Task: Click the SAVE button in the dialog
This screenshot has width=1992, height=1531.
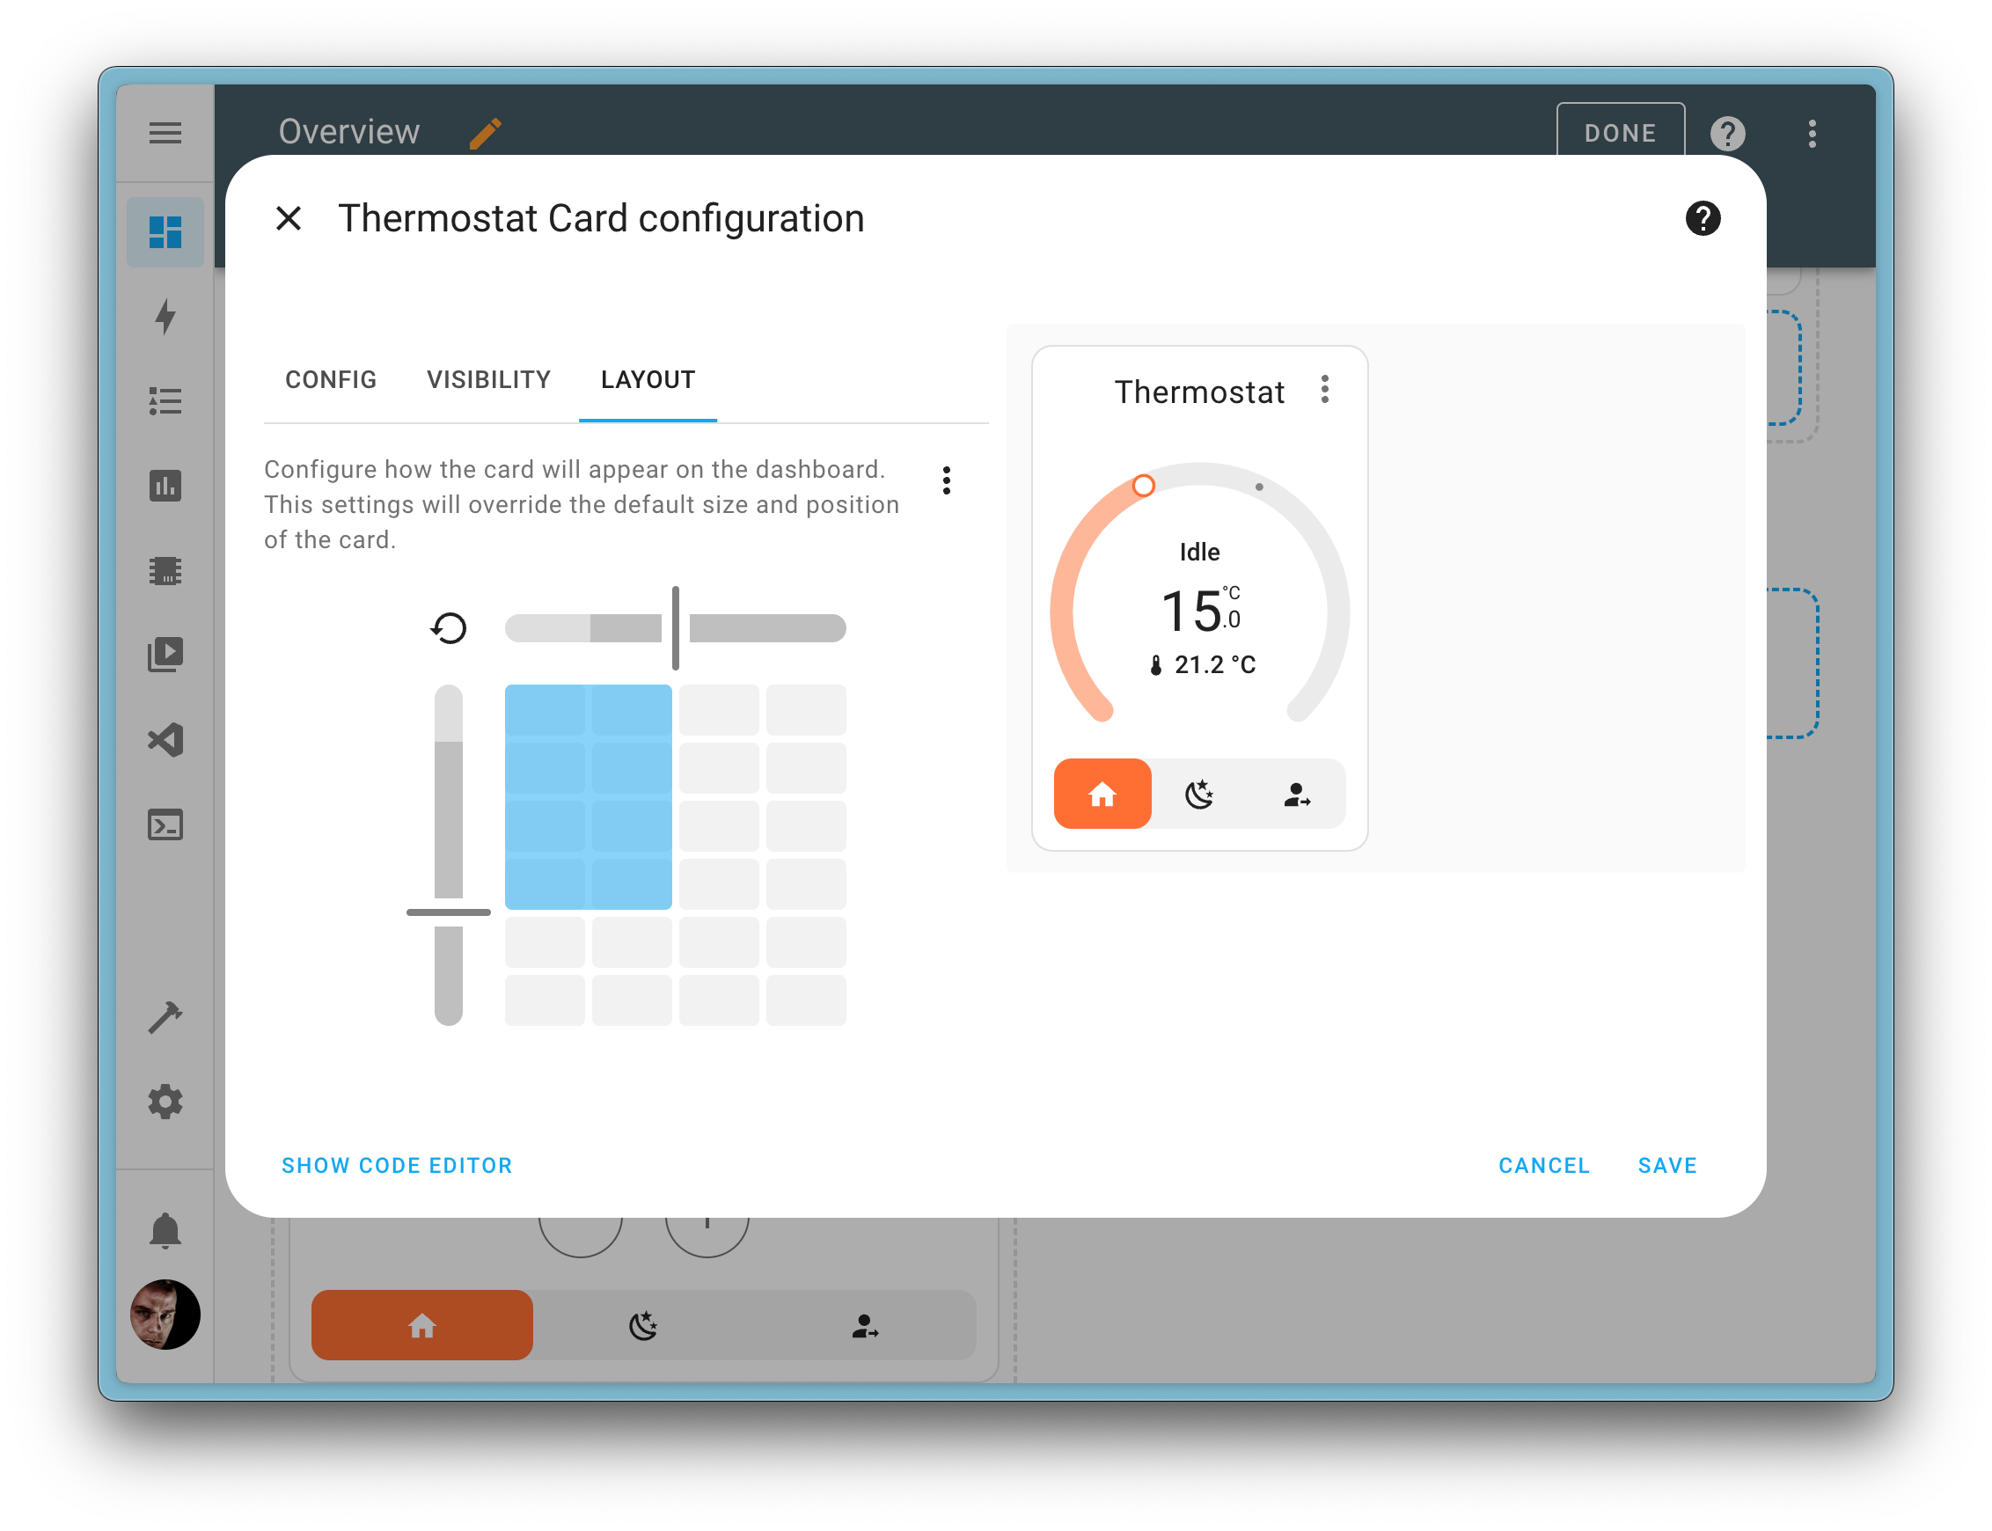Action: (x=1666, y=1166)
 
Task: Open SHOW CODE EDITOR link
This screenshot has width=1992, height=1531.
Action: (x=397, y=1166)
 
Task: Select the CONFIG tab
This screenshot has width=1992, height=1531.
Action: (x=331, y=380)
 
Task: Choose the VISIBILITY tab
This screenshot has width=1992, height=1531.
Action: (x=488, y=380)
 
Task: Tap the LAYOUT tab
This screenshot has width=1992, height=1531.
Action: (x=648, y=380)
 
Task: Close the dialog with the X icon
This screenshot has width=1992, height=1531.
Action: (x=289, y=219)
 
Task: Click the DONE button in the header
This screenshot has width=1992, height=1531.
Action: (x=1619, y=133)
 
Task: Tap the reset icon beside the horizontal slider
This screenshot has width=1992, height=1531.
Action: (x=449, y=628)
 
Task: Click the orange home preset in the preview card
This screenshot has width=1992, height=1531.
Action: (x=1102, y=794)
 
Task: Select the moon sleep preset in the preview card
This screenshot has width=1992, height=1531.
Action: (x=1199, y=794)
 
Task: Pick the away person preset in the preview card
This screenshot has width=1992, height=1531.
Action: (x=1297, y=794)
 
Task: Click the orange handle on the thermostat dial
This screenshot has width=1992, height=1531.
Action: (x=1144, y=486)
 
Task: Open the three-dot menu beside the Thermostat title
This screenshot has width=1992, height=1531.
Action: (x=1325, y=390)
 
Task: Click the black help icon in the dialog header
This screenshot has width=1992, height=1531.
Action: (x=1703, y=219)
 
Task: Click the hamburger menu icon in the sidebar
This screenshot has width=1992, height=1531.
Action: (x=165, y=133)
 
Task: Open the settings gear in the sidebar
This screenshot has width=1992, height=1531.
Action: (x=165, y=1102)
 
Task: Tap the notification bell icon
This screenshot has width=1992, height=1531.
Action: (x=165, y=1230)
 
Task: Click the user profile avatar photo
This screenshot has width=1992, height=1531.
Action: (x=165, y=1315)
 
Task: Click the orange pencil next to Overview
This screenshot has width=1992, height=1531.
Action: (x=485, y=133)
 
